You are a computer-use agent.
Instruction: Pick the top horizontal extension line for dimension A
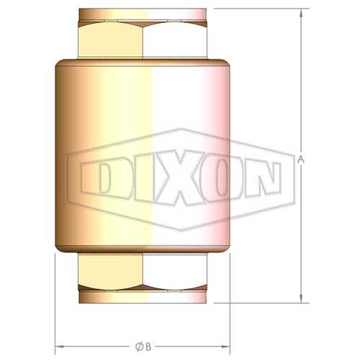[259, 8]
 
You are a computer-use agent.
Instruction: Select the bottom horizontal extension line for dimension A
[259, 305]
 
